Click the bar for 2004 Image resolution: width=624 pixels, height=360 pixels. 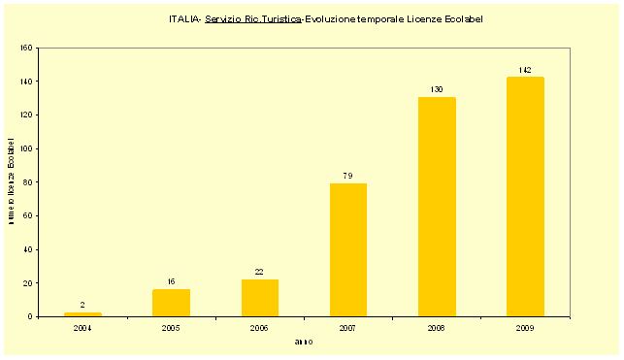82,314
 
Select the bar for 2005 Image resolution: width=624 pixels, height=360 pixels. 171,303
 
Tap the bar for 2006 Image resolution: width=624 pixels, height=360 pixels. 259,298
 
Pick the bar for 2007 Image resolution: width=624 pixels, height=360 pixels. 348,250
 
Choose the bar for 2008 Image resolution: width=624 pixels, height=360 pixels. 437,207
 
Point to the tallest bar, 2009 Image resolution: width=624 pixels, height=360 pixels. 525,197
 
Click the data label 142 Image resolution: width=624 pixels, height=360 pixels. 525,70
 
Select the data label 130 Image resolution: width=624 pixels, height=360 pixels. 437,90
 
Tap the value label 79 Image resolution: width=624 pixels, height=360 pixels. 348,176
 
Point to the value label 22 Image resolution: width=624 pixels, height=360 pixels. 259,272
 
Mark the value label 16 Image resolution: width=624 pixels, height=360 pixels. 171,281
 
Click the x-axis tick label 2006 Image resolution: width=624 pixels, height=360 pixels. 259,329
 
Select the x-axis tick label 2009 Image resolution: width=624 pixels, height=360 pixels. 525,329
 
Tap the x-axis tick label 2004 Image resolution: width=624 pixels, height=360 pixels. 82,329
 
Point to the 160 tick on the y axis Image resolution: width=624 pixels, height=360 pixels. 26,48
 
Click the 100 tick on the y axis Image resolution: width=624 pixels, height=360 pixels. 26,148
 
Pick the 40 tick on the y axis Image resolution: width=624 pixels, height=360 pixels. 28,249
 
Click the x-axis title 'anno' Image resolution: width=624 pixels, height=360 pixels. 304,342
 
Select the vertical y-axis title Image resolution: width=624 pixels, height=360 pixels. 11,181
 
